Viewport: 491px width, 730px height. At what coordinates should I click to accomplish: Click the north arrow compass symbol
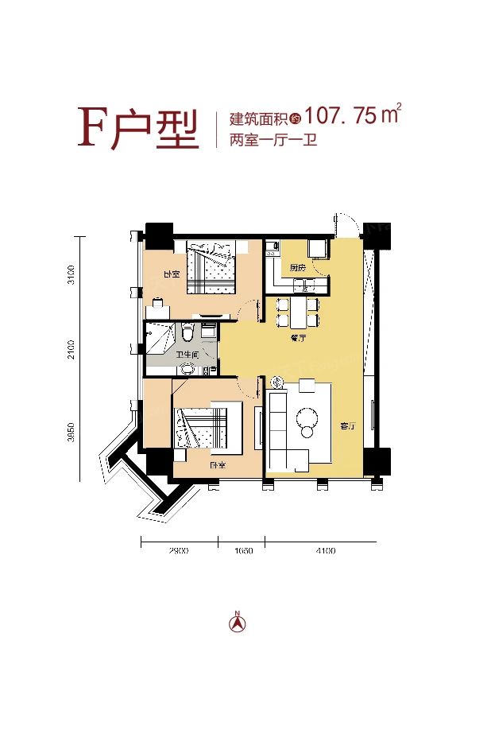237,622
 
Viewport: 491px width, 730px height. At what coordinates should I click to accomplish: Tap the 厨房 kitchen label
298,267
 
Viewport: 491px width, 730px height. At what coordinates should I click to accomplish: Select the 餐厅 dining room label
299,337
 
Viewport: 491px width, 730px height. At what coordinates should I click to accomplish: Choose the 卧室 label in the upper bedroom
171,274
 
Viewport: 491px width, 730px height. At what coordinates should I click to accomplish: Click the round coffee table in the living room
307,417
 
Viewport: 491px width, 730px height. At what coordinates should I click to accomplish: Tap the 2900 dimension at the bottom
180,551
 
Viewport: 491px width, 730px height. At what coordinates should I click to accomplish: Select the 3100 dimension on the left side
72,274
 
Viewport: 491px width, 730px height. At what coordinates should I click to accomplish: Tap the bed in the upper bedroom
211,267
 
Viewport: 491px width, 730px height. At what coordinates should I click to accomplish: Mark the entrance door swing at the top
346,226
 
